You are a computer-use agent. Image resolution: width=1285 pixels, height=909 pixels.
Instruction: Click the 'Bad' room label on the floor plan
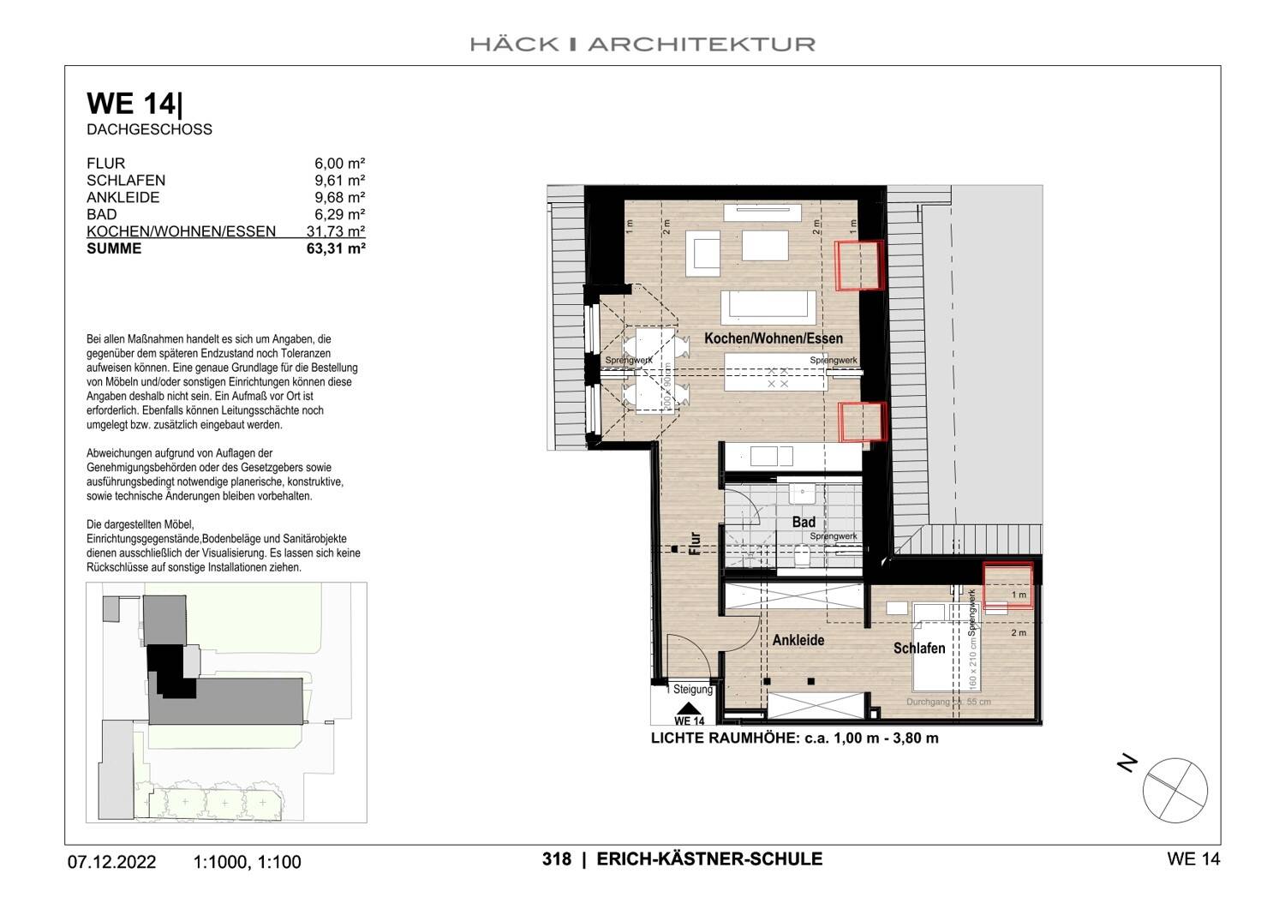[804, 522]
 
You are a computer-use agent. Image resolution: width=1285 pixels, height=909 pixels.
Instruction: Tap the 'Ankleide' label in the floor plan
[798, 640]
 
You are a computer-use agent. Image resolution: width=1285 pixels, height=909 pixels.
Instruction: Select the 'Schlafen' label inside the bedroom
[919, 649]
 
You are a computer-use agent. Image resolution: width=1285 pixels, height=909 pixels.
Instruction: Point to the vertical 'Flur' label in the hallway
[695, 544]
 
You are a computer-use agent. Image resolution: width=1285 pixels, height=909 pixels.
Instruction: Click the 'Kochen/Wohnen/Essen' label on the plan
[773, 338]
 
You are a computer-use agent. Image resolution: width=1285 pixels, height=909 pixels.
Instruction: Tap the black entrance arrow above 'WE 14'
[688, 709]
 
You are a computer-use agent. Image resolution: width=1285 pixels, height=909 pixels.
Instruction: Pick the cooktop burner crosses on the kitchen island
[777, 378]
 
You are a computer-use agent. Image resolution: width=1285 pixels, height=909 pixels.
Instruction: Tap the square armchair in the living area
[703, 254]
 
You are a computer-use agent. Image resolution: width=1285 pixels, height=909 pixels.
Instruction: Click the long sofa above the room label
[768, 307]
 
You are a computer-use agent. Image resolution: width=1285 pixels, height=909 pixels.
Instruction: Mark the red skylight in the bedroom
[1007, 585]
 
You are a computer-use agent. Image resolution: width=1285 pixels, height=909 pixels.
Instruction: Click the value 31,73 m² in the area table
[336, 231]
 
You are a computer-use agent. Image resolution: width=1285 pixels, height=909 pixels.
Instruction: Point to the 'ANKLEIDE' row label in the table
[123, 197]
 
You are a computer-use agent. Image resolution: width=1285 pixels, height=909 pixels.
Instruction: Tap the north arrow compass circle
[1174, 790]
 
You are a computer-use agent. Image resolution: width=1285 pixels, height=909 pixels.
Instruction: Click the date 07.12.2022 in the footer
[111, 862]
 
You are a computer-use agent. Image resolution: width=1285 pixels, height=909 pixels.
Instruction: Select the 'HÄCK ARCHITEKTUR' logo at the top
[642, 44]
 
